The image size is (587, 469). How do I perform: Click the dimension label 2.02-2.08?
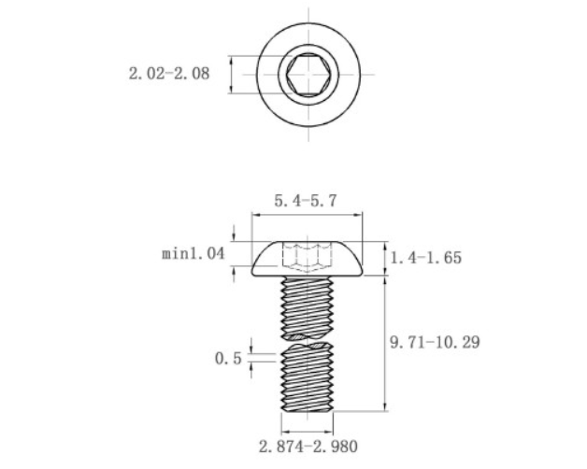[x=168, y=73]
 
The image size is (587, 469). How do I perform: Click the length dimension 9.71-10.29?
[x=435, y=343]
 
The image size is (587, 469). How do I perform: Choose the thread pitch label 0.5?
[x=229, y=358]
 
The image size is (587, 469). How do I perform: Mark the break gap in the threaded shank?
[x=307, y=339]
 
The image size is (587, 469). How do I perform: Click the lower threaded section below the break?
[x=307, y=378]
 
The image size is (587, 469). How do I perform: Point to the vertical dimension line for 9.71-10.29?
[x=385, y=343]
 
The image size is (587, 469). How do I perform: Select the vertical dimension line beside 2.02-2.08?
[x=231, y=74]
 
